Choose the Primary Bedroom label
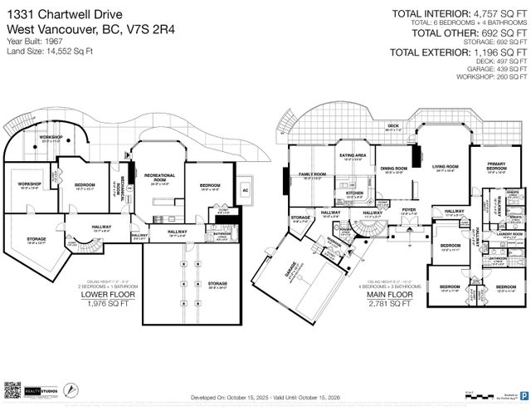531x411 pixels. pyautogui.click(x=496, y=170)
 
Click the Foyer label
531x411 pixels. pyautogui.click(x=409, y=210)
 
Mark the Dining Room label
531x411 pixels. pyautogui.click(x=392, y=169)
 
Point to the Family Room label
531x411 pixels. pyautogui.click(x=311, y=174)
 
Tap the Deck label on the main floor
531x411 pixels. pyautogui.click(x=392, y=126)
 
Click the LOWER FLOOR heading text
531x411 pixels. pyautogui.click(x=105, y=294)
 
